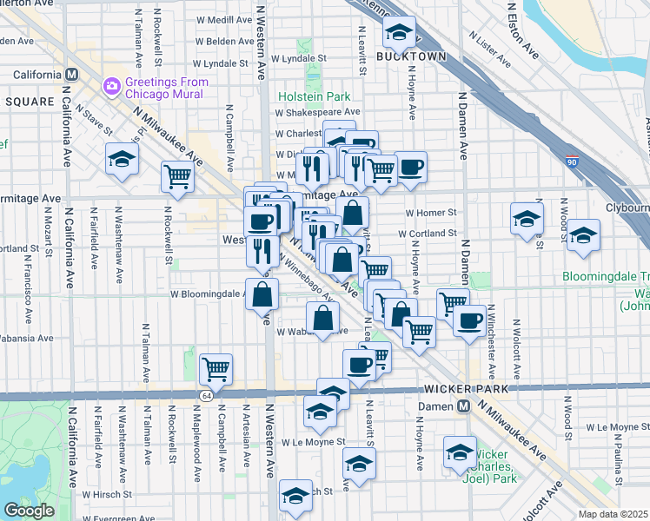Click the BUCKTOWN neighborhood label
(411, 56)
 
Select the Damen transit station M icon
(464, 406)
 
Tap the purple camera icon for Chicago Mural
(111, 85)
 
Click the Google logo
(29, 511)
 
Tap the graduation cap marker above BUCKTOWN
(400, 32)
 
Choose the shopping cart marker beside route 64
(216, 368)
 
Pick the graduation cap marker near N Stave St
(123, 157)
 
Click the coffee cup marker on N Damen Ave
(469, 319)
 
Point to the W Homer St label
(430, 213)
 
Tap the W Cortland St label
(428, 234)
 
